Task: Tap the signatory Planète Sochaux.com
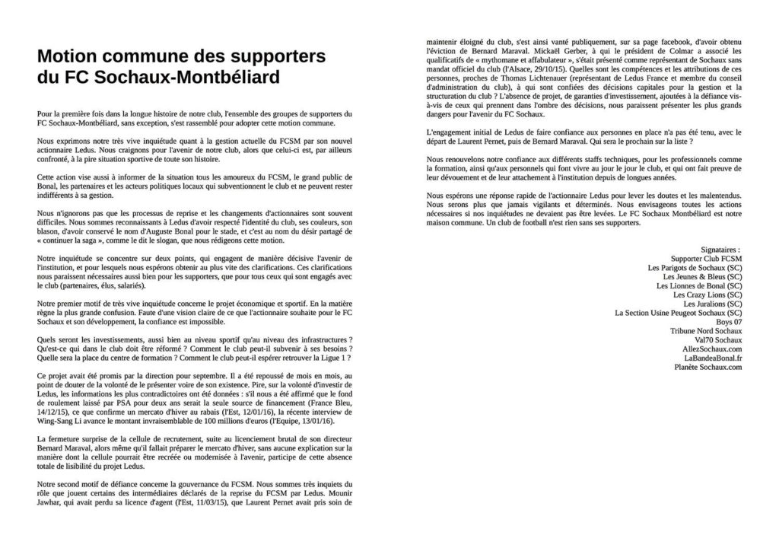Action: (707, 367)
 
